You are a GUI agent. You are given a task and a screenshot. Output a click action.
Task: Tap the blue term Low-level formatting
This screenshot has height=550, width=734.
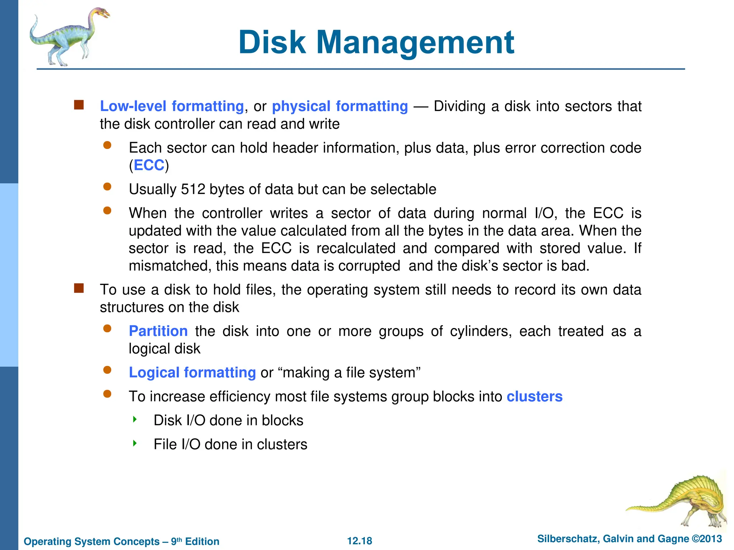click(172, 106)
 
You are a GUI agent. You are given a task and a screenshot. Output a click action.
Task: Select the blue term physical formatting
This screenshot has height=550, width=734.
click(340, 106)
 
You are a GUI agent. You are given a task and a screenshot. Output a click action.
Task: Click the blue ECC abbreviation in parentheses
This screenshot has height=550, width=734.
click(149, 165)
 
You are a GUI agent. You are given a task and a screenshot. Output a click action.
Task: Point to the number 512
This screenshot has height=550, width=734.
click(193, 189)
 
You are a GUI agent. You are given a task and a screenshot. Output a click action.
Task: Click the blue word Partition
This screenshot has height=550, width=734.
click(158, 331)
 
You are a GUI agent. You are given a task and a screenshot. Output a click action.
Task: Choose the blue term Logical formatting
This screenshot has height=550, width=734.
click(192, 372)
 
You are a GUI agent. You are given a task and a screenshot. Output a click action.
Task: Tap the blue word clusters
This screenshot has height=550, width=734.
click(534, 396)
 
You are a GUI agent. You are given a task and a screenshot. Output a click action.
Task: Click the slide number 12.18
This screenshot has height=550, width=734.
click(359, 541)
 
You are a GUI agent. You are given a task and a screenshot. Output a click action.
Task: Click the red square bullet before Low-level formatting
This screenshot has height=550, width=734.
click(79, 105)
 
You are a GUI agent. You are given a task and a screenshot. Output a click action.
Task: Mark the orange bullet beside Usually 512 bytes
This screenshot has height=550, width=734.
click(107, 187)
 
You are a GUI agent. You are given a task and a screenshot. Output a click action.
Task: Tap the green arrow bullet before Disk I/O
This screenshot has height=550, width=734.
click(135, 419)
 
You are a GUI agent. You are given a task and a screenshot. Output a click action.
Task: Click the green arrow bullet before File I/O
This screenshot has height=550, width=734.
click(135, 443)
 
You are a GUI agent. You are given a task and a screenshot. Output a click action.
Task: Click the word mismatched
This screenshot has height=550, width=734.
click(169, 266)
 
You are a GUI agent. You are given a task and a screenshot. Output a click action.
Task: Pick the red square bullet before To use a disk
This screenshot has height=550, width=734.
click(79, 288)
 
